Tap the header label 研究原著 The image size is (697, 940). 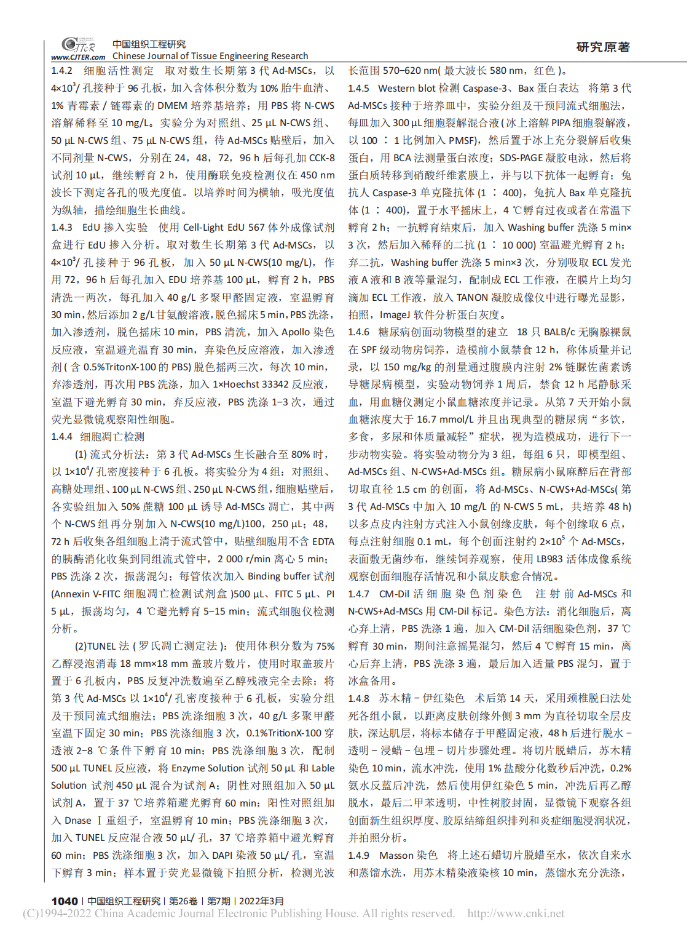[x=603, y=47]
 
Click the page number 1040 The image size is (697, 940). [x=65, y=901]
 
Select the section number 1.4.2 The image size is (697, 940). [x=62, y=71]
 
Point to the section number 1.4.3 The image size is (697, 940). [x=62, y=228]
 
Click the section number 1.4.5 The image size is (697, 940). [x=359, y=89]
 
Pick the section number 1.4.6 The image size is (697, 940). [x=359, y=332]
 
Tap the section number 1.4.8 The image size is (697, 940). [x=359, y=698]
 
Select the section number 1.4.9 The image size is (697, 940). [x=359, y=855]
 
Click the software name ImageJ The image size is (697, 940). [x=395, y=315]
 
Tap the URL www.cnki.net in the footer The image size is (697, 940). [x=516, y=914]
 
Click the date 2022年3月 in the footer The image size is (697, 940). [x=261, y=901]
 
